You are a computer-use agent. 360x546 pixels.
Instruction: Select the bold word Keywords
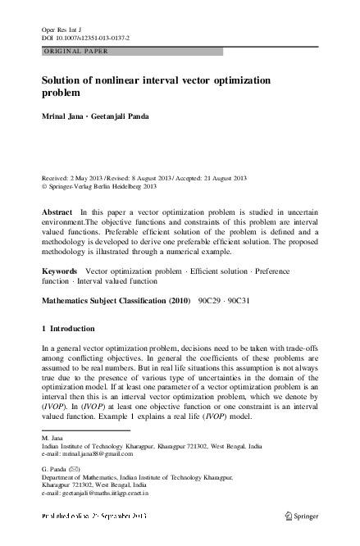tap(59, 269)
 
